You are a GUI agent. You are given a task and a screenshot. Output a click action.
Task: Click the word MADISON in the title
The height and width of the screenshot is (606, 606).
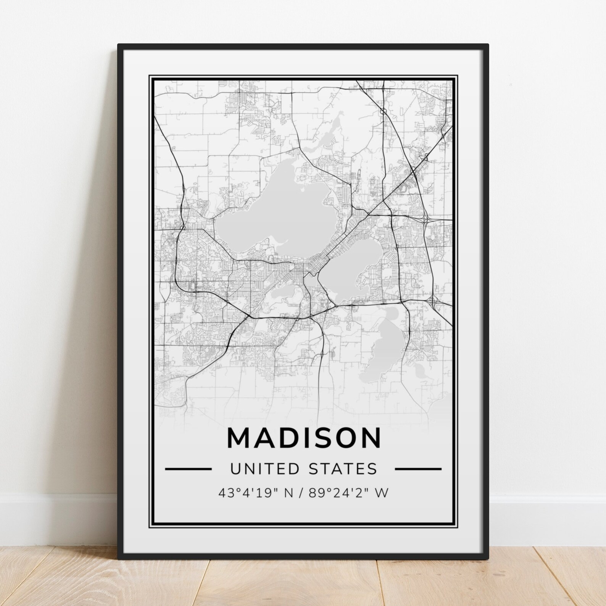click(304, 438)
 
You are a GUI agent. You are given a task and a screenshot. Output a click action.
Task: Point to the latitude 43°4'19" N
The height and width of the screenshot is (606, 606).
click(252, 493)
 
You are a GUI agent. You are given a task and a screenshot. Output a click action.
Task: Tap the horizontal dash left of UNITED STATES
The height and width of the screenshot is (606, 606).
click(188, 469)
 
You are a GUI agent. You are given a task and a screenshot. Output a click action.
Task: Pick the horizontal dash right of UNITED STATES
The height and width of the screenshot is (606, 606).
click(418, 469)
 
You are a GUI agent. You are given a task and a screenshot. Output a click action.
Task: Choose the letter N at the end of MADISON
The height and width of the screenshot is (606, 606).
click(369, 438)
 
